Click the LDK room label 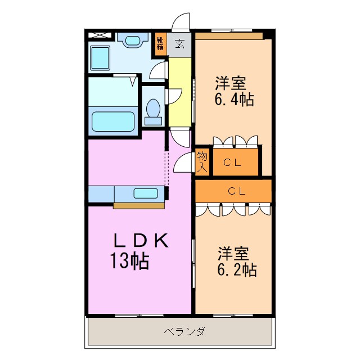point(141,241)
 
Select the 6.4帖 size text point(233,100)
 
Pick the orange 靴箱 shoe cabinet point(160,44)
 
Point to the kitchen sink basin point(146,193)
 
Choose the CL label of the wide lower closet point(236,191)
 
